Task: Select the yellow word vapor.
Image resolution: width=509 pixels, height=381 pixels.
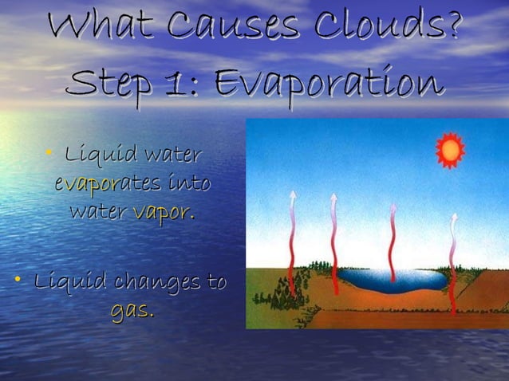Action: click(164, 213)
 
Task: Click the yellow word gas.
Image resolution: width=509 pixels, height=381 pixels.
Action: click(132, 310)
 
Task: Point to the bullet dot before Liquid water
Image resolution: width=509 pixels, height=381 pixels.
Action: click(50, 151)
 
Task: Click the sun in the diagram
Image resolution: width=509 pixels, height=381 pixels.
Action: click(450, 149)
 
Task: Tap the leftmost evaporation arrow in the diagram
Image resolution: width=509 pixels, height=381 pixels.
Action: click(292, 239)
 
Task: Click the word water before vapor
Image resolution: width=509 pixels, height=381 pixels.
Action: click(97, 213)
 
